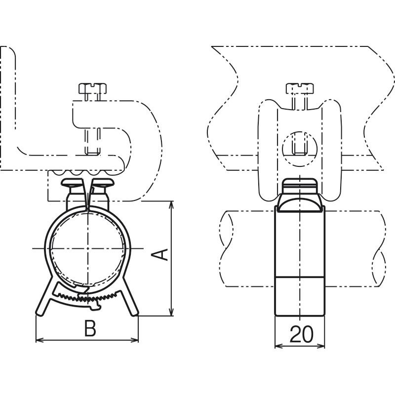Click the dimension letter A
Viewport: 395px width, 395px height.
pyautogui.click(x=159, y=254)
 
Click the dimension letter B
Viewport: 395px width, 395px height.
pyautogui.click(x=90, y=328)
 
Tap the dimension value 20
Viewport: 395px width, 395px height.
pyautogui.click(x=301, y=334)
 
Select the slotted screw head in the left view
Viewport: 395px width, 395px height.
pyautogui.click(x=92, y=88)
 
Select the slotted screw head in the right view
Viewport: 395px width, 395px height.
pyautogui.click(x=300, y=88)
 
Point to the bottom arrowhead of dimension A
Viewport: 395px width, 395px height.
pyautogui.click(x=171, y=312)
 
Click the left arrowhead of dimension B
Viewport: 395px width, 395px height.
pyautogui.click(x=40, y=340)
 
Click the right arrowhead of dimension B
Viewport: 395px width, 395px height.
pyautogui.click(x=134, y=340)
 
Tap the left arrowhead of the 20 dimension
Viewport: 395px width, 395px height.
pyautogui.click(x=278, y=346)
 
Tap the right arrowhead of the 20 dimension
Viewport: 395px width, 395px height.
pyautogui.click(x=320, y=346)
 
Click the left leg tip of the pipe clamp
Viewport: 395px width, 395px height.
pyautogui.click(x=39, y=314)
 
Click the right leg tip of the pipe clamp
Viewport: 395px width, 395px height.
pyautogui.click(x=135, y=314)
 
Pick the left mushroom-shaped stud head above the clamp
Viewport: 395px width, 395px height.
pyautogui.click(x=72, y=182)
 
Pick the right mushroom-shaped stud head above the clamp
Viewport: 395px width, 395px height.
pyautogui.click(x=103, y=182)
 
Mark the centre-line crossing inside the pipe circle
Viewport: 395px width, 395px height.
pyautogui.click(x=88, y=248)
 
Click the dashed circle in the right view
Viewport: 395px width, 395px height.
pyautogui.click(x=300, y=149)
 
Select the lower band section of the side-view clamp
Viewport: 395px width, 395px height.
pyautogui.click(x=300, y=296)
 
